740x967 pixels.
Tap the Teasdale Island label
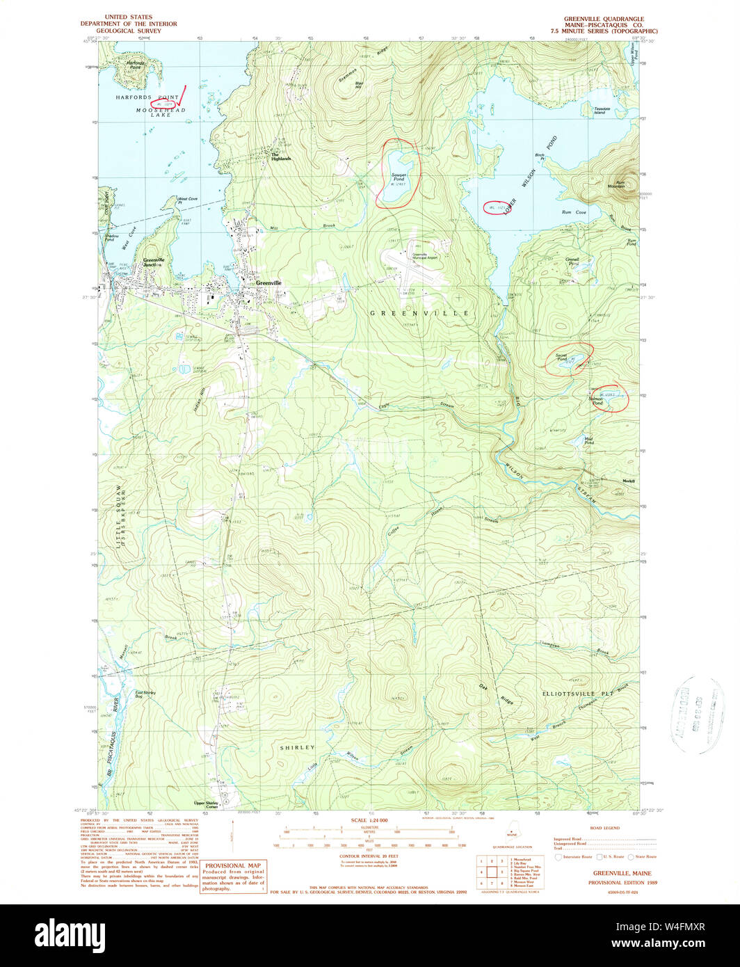point(603,110)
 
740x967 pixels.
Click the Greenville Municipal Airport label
point(419,255)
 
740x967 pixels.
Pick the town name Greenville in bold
point(268,283)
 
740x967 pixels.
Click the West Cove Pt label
point(188,200)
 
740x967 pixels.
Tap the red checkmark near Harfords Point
point(183,96)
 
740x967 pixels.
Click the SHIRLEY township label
point(297,747)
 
